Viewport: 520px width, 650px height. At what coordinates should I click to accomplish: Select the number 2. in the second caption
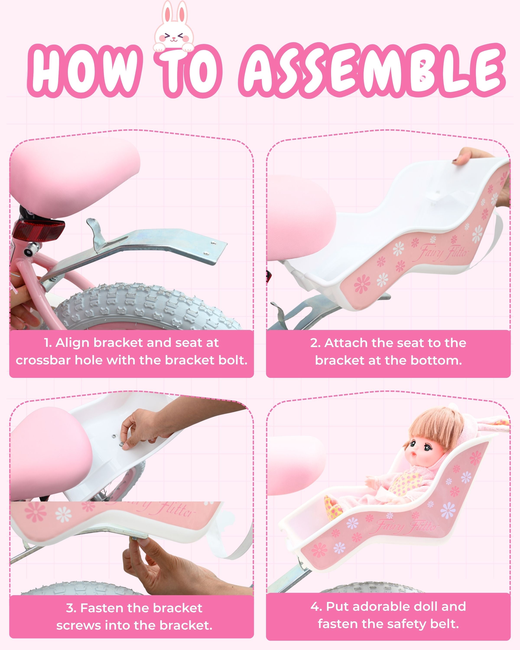pyautogui.click(x=315, y=343)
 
